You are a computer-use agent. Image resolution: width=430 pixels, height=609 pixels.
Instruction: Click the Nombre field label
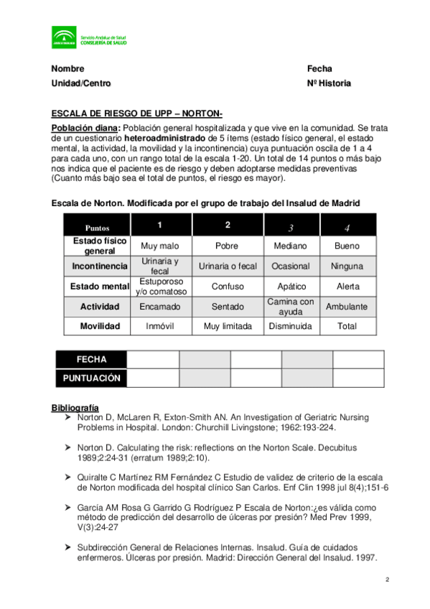(x=67, y=69)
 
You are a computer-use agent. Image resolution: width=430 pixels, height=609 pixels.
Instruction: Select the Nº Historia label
(x=329, y=83)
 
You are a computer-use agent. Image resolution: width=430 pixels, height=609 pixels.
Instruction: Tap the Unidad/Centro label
(x=81, y=83)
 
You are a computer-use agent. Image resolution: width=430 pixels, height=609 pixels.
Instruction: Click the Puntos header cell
(x=97, y=226)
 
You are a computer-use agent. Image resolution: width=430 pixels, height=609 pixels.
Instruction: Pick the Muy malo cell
(x=159, y=246)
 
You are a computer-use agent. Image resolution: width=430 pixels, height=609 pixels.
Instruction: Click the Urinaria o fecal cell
(x=228, y=266)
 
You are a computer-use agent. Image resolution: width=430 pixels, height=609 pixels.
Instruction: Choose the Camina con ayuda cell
(x=291, y=307)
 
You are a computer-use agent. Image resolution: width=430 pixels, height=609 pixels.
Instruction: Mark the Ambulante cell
(x=347, y=307)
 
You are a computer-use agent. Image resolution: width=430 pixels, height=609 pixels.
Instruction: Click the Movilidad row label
(x=100, y=326)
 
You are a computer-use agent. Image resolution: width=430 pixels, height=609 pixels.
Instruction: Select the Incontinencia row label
(x=100, y=266)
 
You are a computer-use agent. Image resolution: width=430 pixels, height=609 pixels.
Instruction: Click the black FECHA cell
(x=91, y=359)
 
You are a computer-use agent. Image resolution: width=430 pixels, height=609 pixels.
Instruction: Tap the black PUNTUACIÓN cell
(x=91, y=378)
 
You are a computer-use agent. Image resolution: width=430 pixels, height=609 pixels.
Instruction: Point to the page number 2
(x=386, y=580)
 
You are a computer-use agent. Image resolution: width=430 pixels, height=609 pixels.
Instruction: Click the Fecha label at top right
(x=319, y=69)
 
